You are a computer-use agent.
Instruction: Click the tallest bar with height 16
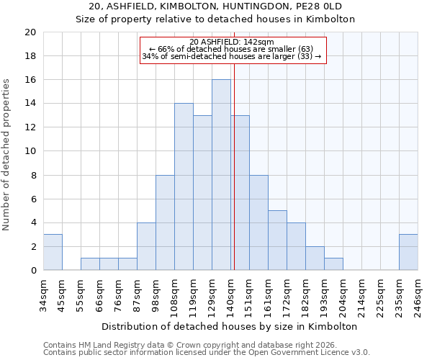point(221,175)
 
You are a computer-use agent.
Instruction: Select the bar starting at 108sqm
point(184,187)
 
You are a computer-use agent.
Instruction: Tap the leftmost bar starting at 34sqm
point(53,252)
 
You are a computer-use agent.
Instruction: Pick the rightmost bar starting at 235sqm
point(408,252)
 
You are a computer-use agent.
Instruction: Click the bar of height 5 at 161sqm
point(277,240)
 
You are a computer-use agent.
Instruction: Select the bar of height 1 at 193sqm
point(333,264)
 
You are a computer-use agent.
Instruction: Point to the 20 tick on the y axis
point(30,32)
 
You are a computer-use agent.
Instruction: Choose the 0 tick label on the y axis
point(33,271)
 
